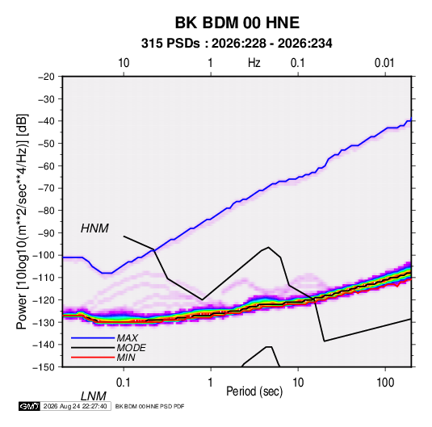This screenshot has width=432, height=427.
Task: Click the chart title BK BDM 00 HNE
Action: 237,23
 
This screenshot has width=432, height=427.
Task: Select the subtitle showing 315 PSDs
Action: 237,44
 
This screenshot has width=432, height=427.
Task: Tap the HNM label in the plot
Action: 94,228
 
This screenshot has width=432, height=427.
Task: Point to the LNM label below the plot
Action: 93,396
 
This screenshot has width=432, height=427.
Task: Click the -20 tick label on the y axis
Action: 46,77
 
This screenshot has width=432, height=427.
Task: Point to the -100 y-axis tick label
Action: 44,255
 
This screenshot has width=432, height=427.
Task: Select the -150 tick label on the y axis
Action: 44,367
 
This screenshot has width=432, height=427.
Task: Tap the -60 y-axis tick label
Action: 46,165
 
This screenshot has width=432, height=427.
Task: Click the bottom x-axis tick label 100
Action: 385,383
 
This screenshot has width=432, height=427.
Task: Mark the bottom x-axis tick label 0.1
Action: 124,383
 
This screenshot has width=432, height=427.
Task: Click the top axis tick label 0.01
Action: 384,63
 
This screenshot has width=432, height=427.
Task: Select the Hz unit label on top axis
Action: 254,63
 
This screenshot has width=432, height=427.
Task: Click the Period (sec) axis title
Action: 254,391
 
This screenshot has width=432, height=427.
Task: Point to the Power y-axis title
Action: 22,222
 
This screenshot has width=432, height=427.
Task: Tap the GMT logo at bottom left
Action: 29,406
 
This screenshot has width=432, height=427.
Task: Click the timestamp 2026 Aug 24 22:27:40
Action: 75,406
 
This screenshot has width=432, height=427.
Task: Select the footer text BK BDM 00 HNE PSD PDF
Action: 149,406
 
